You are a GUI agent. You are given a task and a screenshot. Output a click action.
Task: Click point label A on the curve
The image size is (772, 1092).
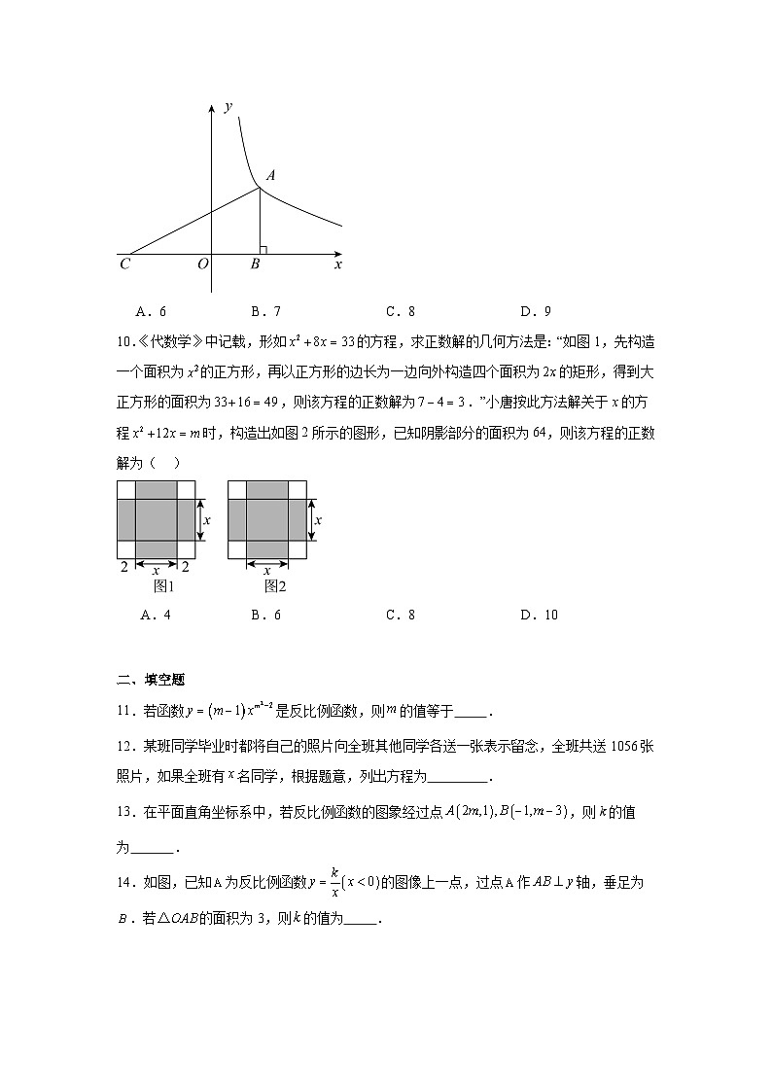(x=270, y=176)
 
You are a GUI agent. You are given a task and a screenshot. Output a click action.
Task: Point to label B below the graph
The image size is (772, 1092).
(x=255, y=264)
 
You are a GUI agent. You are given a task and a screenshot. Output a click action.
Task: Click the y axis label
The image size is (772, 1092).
(x=228, y=106)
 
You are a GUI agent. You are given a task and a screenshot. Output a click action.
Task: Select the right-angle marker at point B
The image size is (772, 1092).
(x=263, y=250)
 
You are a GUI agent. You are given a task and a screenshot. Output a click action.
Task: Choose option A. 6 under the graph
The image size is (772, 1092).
(x=153, y=312)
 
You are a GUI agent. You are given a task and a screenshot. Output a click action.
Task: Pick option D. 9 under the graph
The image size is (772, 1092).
(x=536, y=312)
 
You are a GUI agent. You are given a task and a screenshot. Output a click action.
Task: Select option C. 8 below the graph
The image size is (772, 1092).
(x=401, y=312)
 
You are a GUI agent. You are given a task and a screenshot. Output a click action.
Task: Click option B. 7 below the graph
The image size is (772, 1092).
(x=265, y=312)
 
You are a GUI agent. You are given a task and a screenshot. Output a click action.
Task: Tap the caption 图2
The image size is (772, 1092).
(x=276, y=586)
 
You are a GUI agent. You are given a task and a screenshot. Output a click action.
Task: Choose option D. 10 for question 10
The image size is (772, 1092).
(x=539, y=615)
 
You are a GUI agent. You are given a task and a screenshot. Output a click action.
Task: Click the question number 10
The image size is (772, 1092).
(x=124, y=341)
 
